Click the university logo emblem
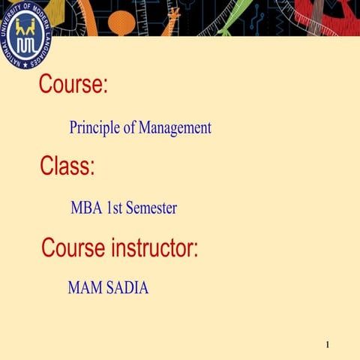pos(25,34)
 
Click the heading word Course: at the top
pos(73,84)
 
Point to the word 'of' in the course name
pos(130,128)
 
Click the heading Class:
pos(67,165)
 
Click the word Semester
pos(151,208)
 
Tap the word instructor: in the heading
pos(151,247)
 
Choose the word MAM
pos(84,287)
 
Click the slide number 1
pos(328,344)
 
